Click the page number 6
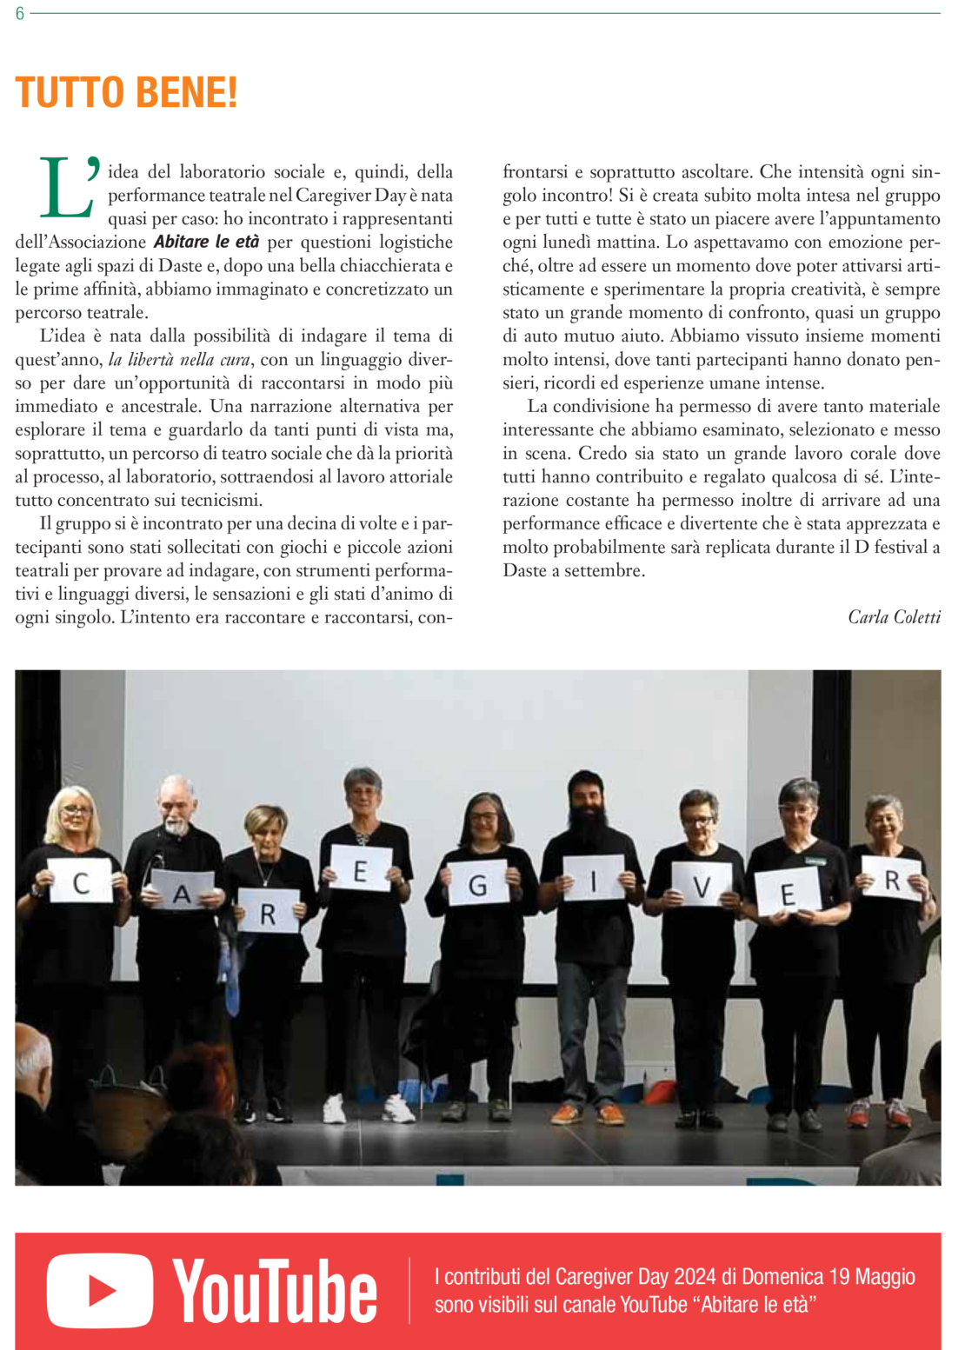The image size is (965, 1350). pos(19,14)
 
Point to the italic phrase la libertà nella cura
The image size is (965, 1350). pos(179,359)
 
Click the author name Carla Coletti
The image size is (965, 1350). pos(894,617)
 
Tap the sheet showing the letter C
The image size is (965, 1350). pos(81,881)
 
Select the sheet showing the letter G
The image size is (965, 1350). pos(477,884)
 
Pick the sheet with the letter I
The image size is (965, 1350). pos(595,879)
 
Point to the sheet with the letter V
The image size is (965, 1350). pos(702,885)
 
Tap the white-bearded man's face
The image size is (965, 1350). pos(176,804)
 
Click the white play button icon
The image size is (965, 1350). pos(100,1290)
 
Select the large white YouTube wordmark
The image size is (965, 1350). pos(275,1291)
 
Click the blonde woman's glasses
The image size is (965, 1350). pos(77,811)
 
